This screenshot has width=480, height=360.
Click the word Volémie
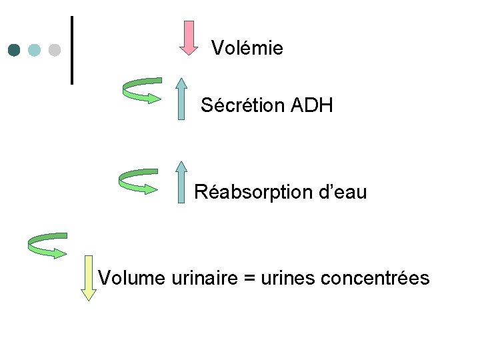click(247, 48)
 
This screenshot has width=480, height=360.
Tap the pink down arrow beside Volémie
click(189, 38)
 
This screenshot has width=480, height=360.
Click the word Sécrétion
click(243, 105)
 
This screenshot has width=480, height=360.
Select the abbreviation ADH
click(312, 105)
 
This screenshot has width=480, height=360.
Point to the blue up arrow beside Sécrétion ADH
click(181, 98)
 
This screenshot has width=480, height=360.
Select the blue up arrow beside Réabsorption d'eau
click(181, 181)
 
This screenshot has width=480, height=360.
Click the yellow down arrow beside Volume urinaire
click(88, 277)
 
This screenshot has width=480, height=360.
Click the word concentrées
click(375, 277)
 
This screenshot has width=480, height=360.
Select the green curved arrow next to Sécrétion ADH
click(142, 91)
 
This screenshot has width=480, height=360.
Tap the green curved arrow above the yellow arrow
click(47, 245)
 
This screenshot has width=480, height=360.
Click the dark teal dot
click(15, 50)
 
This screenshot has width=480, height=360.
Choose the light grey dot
click(55, 50)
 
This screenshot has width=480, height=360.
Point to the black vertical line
click(71, 50)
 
